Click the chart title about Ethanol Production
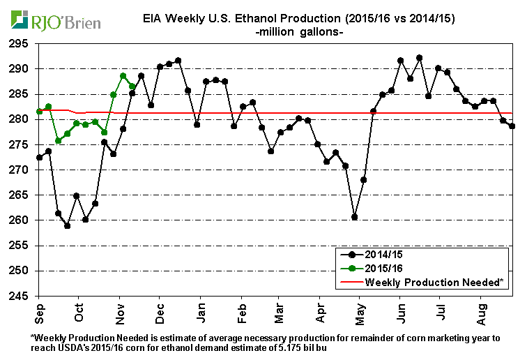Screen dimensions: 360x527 pyautogui.click(x=293, y=18)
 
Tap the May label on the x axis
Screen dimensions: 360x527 pyautogui.click(x=360, y=310)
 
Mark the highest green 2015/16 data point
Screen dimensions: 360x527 pyautogui.click(x=123, y=76)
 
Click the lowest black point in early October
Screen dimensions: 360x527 pyautogui.click(x=67, y=225)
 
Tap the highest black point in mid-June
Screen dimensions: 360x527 pyautogui.click(x=419, y=58)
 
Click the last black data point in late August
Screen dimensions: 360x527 pyautogui.click(x=512, y=126)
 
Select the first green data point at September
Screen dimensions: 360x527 pyautogui.click(x=39, y=111)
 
